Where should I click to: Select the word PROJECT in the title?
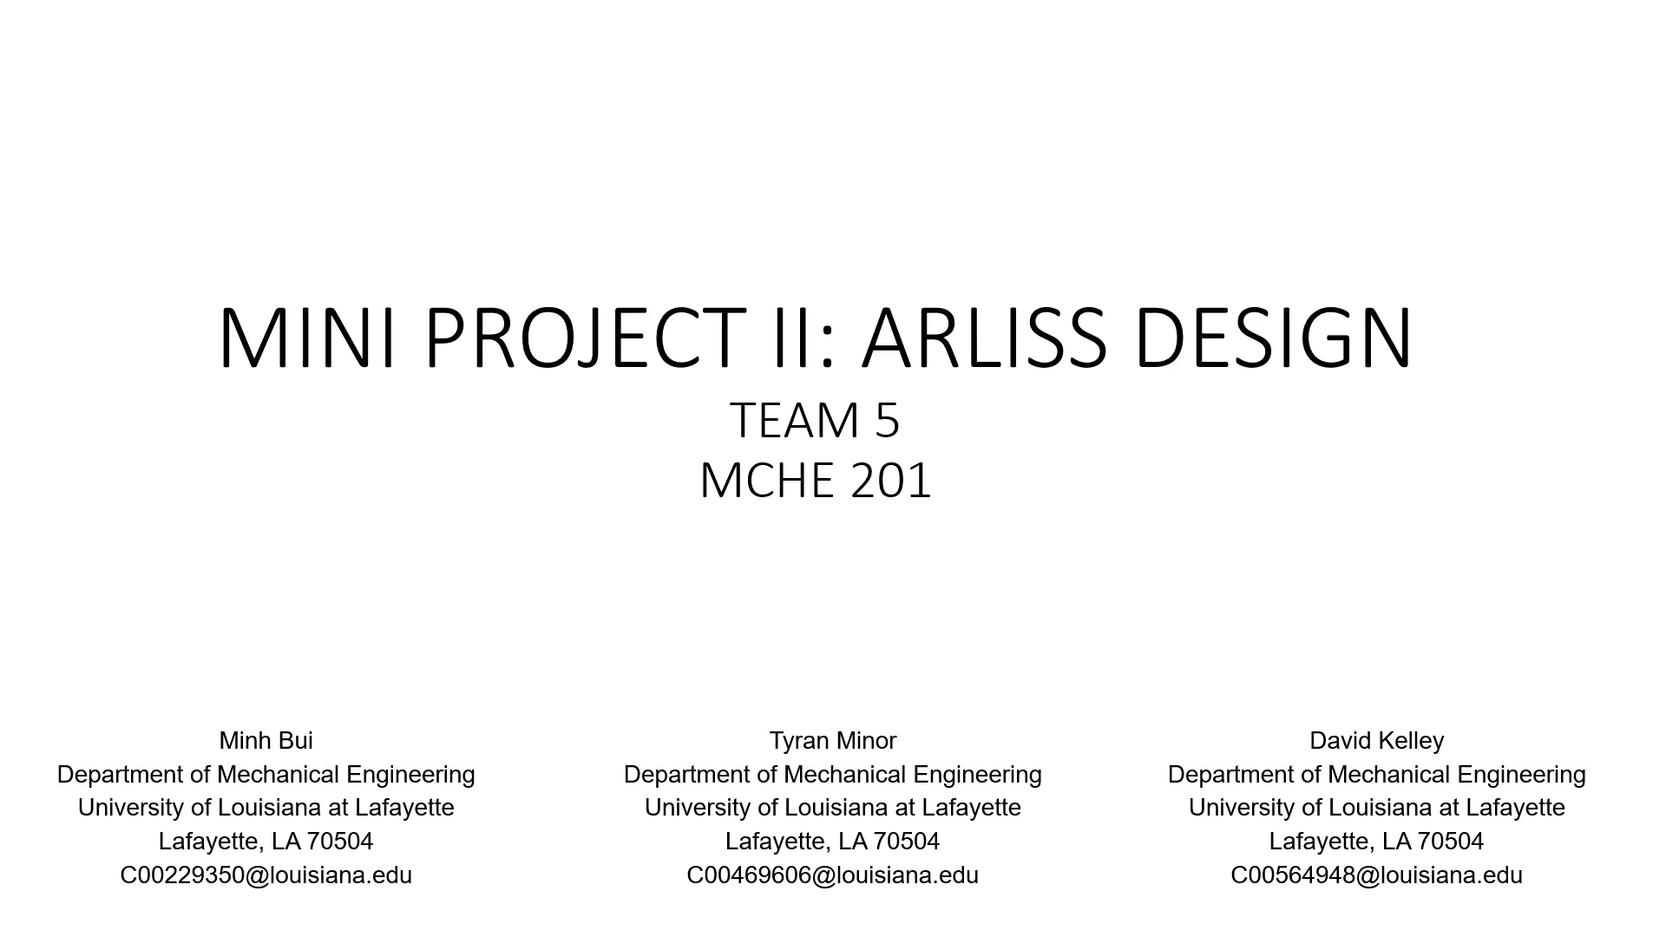(x=585, y=337)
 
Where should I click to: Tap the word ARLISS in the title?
(x=985, y=337)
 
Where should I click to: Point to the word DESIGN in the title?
(x=1274, y=337)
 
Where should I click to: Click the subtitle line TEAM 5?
(x=815, y=420)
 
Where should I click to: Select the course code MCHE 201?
(x=815, y=480)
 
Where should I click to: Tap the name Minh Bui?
(x=266, y=741)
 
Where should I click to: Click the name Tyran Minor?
(x=832, y=741)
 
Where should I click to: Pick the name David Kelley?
(x=1376, y=741)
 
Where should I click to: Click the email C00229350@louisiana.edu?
(x=266, y=875)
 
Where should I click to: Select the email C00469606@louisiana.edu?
(x=832, y=875)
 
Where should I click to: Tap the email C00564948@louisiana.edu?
(x=1376, y=875)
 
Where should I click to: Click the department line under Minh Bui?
(x=266, y=775)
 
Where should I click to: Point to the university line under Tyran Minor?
(x=832, y=808)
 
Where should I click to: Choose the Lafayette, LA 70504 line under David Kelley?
(x=1376, y=842)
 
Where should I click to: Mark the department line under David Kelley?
(x=1376, y=775)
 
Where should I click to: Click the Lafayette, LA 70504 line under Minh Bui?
(x=266, y=842)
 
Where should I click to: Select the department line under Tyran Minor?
(x=832, y=775)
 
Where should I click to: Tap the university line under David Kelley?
(x=1376, y=808)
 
